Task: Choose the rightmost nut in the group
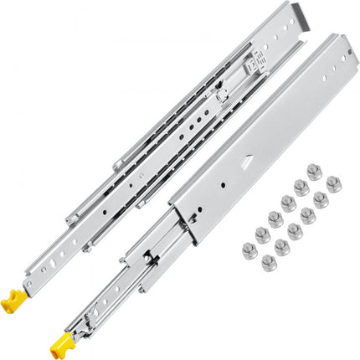click(333, 183)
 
